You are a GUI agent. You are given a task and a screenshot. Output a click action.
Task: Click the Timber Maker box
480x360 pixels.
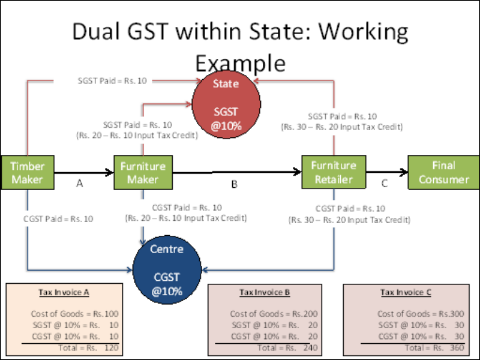[x=28, y=172]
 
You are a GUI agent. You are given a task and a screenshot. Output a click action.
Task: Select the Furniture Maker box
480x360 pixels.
[x=143, y=172]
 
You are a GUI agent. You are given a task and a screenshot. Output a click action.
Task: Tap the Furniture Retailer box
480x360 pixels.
[x=333, y=172]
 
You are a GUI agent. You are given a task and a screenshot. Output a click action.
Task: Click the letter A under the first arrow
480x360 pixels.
[x=79, y=185]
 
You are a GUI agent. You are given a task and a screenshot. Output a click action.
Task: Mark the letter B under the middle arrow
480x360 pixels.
[x=234, y=185]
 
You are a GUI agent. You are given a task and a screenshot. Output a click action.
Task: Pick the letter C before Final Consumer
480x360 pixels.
[x=385, y=184]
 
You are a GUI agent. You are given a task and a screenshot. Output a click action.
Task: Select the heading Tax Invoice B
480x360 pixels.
[x=265, y=293]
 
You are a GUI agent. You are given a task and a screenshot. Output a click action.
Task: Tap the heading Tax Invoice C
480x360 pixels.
[x=406, y=293]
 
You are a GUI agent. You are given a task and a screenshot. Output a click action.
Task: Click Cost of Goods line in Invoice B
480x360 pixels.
[x=274, y=314]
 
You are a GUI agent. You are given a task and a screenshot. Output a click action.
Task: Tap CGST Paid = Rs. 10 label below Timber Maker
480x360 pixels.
[x=58, y=219]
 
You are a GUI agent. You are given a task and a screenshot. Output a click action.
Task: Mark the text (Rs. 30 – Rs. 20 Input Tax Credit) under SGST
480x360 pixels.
[x=342, y=127]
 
